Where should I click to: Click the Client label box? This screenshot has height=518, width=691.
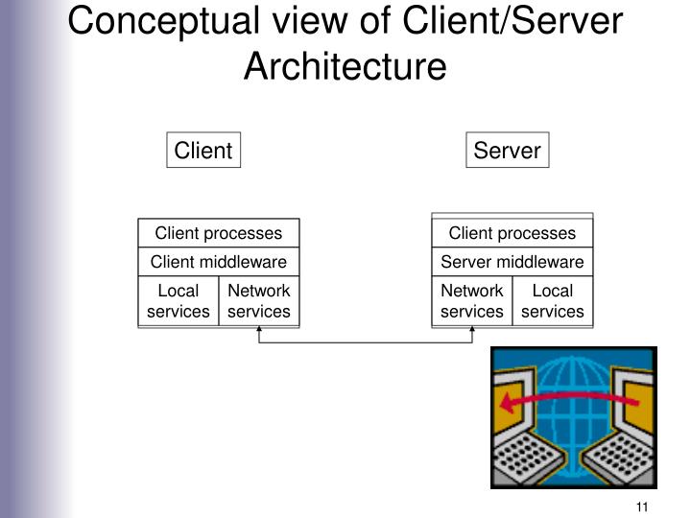point(203,151)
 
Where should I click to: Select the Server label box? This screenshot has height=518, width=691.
point(507,151)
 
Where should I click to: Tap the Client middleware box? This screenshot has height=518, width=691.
point(219,262)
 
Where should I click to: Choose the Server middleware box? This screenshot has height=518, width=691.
point(512,262)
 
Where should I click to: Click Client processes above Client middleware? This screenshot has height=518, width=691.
point(219,233)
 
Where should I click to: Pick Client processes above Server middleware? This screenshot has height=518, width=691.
point(512,233)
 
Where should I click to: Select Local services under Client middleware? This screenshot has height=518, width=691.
point(179,300)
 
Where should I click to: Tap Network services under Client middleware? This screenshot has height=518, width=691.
point(259,300)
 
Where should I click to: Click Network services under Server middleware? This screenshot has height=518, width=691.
point(472,300)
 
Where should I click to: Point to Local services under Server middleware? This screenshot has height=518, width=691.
point(553,300)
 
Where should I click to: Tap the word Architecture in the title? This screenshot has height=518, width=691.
point(345,66)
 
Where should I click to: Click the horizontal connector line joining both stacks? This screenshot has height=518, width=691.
point(366,341)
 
